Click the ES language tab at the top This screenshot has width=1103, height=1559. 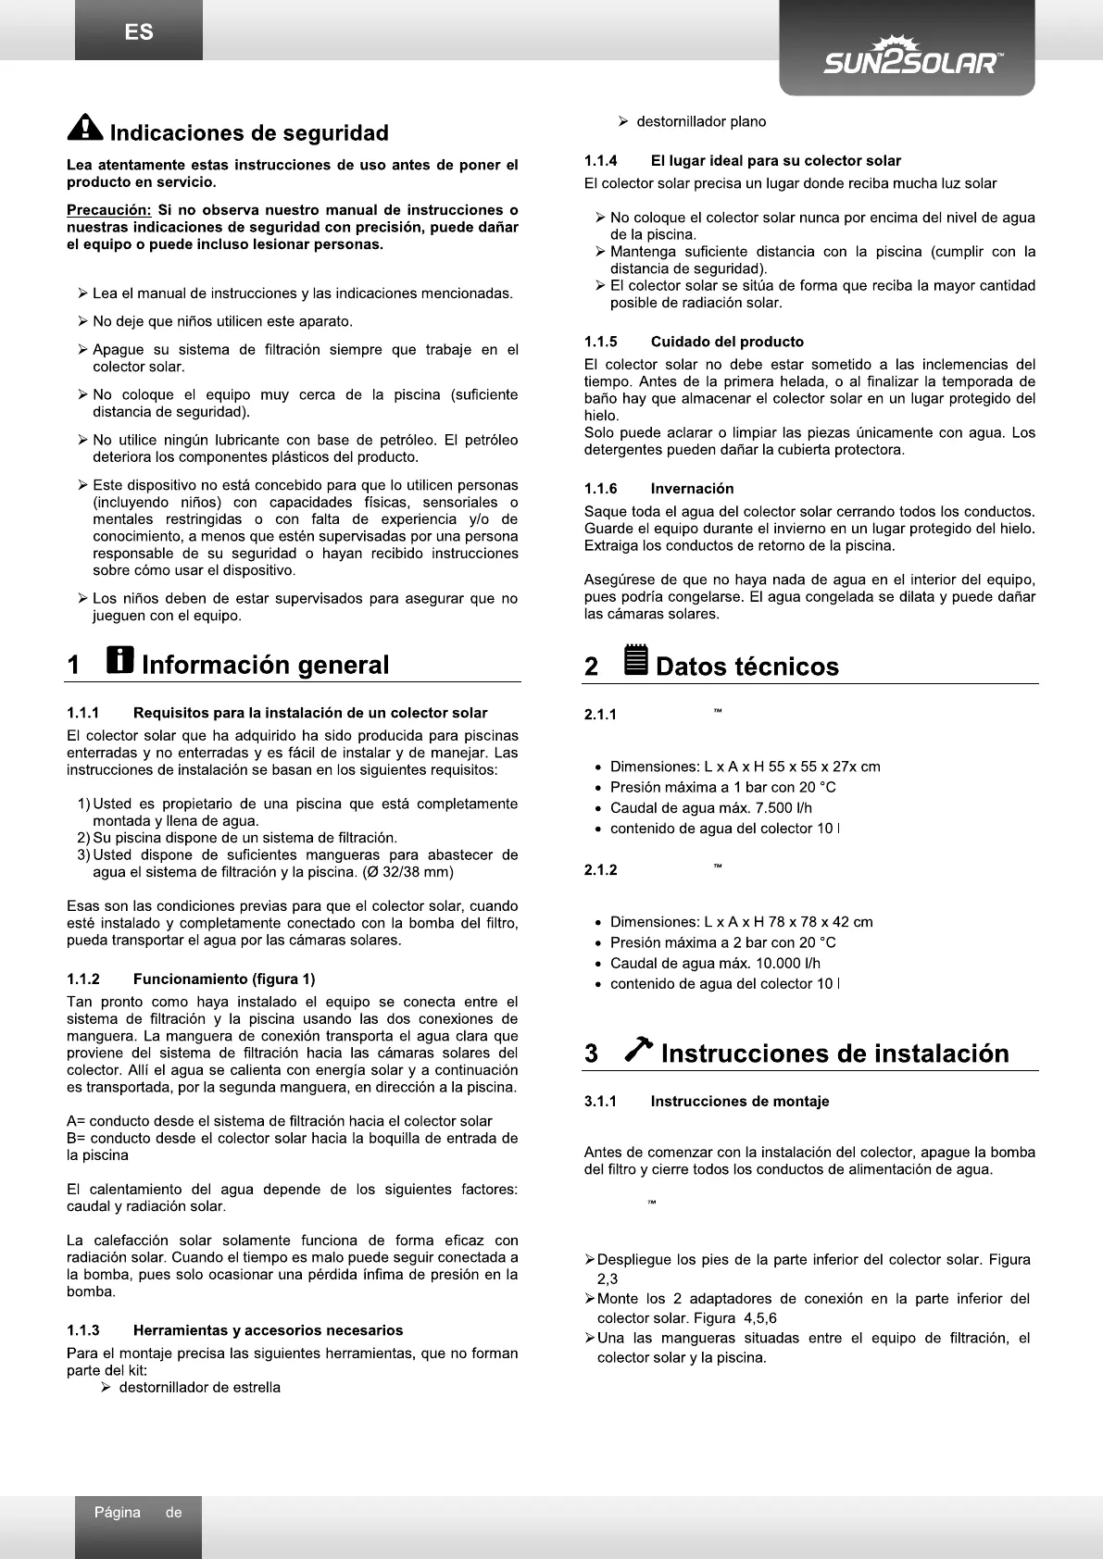tap(139, 32)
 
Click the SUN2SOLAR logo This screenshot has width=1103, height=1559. tap(911, 57)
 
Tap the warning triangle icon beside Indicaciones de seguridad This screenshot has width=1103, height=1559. tap(85, 129)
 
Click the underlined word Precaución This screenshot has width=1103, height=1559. tap(108, 210)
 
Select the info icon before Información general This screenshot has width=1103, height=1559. tap(119, 660)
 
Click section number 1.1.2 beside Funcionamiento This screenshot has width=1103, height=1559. tap(83, 979)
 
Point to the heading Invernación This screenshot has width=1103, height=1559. tap(692, 489)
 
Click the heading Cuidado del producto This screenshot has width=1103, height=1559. tap(727, 342)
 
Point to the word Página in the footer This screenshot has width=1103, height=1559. tap(117, 1513)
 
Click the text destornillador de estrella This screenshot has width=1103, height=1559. tap(199, 1387)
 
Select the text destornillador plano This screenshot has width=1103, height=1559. tap(701, 121)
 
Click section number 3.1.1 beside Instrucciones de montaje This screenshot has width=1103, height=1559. tap(601, 1101)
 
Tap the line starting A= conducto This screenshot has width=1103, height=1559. tap(280, 1121)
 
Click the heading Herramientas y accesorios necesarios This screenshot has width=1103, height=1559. tap(268, 1330)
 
